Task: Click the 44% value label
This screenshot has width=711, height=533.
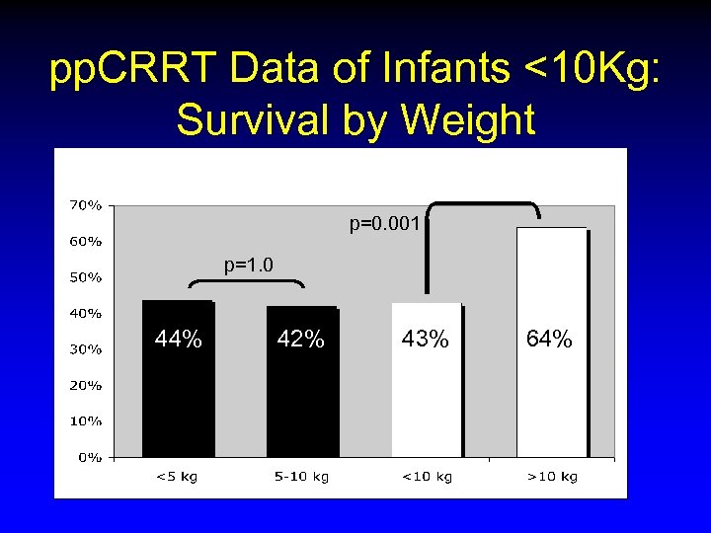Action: tap(179, 341)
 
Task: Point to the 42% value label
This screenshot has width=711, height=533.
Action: tap(301, 341)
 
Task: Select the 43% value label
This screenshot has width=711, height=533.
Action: tap(426, 341)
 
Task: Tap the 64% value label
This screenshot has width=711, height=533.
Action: tap(549, 341)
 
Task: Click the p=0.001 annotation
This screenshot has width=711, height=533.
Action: tap(386, 224)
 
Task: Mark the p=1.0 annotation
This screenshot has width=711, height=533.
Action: tap(249, 265)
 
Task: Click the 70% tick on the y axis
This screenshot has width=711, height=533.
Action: tap(85, 205)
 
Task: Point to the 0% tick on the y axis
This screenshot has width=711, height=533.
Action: tap(90, 457)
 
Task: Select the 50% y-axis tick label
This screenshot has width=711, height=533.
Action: tap(85, 277)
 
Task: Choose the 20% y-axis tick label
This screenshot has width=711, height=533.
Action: tap(85, 385)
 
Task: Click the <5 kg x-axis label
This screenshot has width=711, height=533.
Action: tap(178, 477)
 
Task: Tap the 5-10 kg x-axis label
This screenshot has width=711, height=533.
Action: tap(301, 477)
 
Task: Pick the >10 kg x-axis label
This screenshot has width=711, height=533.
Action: tap(551, 477)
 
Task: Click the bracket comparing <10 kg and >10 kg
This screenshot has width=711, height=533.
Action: tap(483, 204)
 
